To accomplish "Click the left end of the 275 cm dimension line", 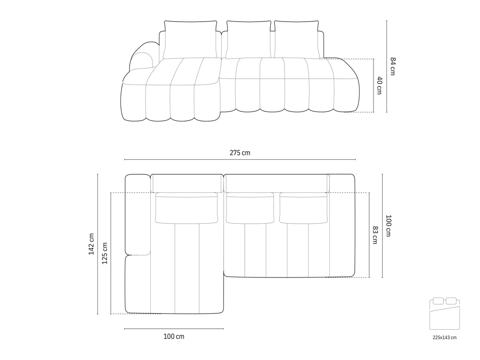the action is tap(125, 159).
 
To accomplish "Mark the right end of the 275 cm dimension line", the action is tap(355, 159).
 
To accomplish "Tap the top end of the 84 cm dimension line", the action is tap(386, 21).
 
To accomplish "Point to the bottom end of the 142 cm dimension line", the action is tap(97, 314).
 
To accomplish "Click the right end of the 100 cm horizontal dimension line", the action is tap(223, 329).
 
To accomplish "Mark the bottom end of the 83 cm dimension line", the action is tap(370, 277).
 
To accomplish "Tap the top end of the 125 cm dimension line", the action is tap(110, 193).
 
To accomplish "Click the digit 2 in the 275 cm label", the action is tap(231, 153).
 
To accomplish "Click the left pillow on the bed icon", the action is tap(439, 301).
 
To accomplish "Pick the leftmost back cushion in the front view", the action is tap(191, 39).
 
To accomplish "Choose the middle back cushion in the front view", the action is tap(249, 39).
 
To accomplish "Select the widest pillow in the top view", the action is tap(187, 208).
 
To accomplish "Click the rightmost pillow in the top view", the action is tap(303, 208).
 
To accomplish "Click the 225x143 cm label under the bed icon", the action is tap(444, 337).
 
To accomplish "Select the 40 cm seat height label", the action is tap(379, 86).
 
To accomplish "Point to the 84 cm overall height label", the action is tap(393, 66).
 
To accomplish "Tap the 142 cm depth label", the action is tap(92, 244).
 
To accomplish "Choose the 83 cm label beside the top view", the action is tap(375, 235).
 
